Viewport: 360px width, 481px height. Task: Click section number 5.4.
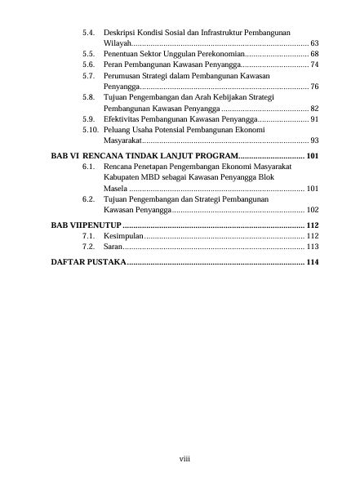tap(90, 30)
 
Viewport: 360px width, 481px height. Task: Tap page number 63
tap(314, 42)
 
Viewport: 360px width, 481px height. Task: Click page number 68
tap(314, 52)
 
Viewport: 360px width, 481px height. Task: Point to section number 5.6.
tap(90, 64)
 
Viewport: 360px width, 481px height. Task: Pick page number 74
tap(314, 64)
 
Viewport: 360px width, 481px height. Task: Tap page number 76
tap(314, 86)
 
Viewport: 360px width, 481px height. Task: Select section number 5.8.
tap(90, 97)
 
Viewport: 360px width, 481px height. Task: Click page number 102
tap(312, 211)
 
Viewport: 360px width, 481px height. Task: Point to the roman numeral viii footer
tap(184, 458)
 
